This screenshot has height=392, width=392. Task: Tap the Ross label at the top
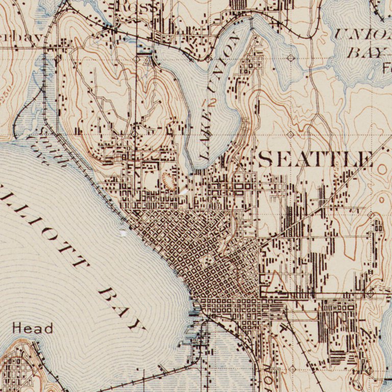coord(137,7)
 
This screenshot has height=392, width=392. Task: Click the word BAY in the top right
coord(366,52)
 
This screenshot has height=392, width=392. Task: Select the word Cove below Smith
coord(38,151)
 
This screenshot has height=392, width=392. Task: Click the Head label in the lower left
coord(33,328)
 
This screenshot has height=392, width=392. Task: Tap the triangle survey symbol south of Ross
coord(148,61)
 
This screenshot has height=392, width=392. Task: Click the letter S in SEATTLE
coord(266,159)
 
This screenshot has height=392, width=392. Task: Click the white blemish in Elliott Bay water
coord(122,233)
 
